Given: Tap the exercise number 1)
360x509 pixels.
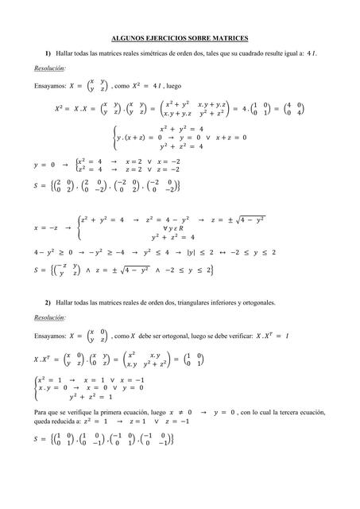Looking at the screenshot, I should [x=48, y=53].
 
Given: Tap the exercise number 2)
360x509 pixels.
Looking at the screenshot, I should [x=48, y=303].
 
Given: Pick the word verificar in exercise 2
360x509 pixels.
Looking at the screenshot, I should [x=254, y=334].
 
